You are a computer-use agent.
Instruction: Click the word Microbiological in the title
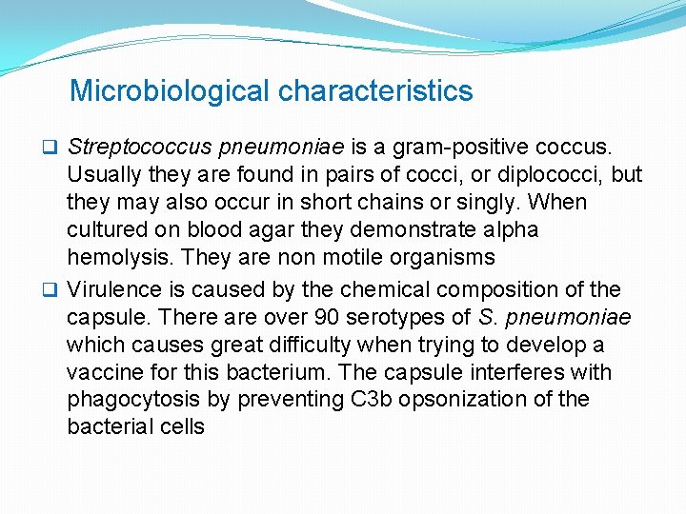click(171, 91)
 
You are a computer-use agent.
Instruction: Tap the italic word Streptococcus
click(139, 148)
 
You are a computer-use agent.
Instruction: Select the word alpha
click(510, 230)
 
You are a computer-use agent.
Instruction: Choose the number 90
click(329, 317)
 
